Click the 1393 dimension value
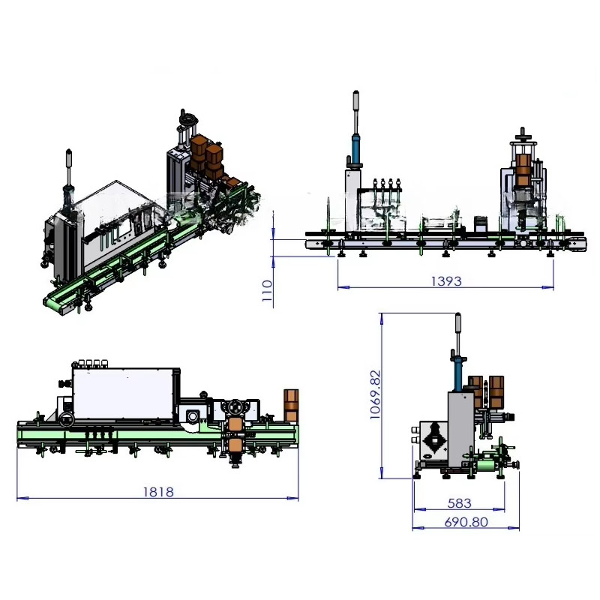[446, 281]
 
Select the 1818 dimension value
[158, 492]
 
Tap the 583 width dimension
[459, 503]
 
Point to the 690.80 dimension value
[466, 522]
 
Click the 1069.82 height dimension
[376, 394]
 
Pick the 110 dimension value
[268, 291]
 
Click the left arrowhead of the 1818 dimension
[22, 498]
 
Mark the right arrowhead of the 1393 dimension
[548, 287]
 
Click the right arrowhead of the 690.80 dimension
[514, 528]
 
